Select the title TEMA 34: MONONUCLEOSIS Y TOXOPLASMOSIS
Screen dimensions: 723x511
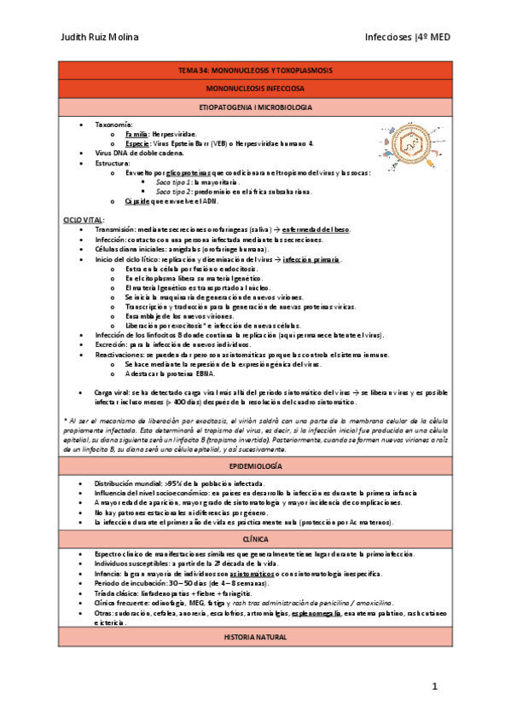coord(256,70)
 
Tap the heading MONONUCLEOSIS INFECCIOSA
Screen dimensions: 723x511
coord(256,89)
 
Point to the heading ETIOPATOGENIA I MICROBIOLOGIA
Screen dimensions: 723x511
coord(256,107)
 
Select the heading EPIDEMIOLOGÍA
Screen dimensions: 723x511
coord(256,468)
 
